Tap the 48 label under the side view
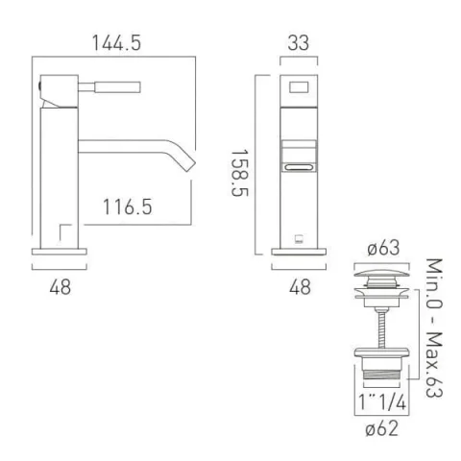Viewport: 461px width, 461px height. click(x=60, y=287)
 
